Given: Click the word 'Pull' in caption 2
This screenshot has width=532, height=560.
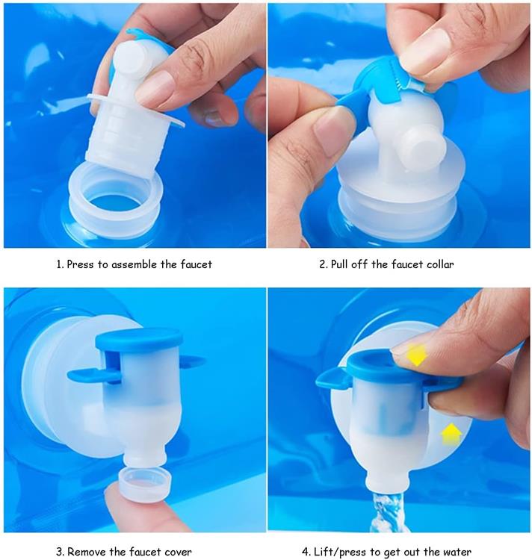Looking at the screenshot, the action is [x=338, y=264].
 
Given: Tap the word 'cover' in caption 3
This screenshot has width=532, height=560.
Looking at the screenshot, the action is [x=178, y=552].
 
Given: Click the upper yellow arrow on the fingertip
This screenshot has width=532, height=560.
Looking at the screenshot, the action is [x=416, y=355].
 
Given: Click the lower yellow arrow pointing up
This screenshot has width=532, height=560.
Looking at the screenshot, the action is [x=451, y=434].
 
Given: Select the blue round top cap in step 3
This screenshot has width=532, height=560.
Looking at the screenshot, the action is [x=139, y=339].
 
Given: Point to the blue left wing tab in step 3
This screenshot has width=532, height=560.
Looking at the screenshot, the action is [x=85, y=375].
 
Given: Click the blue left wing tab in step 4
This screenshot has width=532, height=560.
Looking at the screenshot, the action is [x=332, y=378].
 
